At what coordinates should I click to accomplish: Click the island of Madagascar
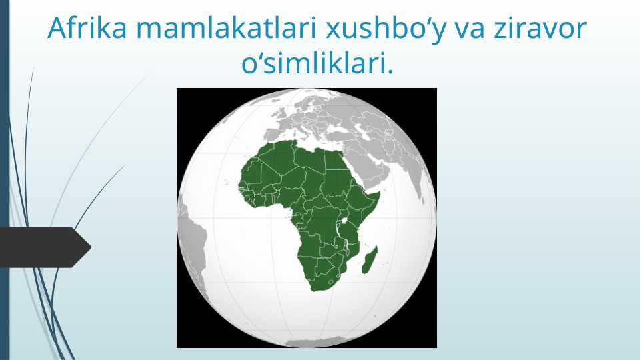370,259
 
